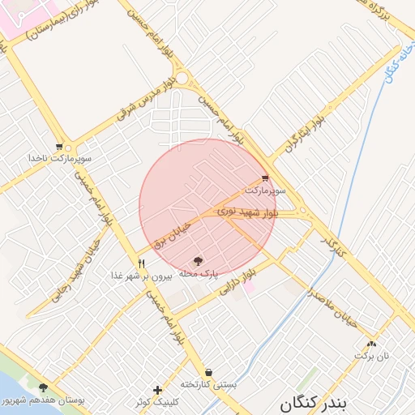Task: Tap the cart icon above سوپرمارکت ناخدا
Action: [x=59, y=147]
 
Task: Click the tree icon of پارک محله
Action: [x=199, y=261]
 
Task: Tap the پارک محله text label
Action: [x=199, y=274]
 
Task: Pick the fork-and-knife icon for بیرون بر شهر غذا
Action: [x=142, y=263]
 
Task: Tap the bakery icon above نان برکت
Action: [x=372, y=344]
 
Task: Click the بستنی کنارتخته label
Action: [x=208, y=384]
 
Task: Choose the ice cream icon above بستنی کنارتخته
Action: [x=208, y=372]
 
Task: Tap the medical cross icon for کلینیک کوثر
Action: [x=157, y=390]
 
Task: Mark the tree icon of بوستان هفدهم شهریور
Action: [x=43, y=387]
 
